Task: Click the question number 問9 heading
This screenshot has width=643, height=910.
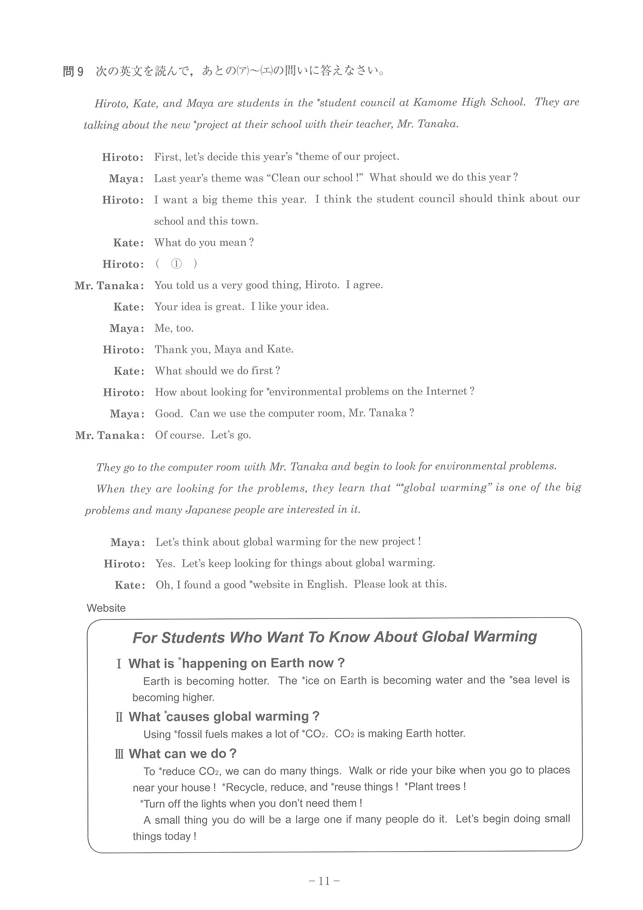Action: point(73,72)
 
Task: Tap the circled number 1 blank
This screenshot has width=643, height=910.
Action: point(176,264)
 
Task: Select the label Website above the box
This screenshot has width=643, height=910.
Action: point(106,608)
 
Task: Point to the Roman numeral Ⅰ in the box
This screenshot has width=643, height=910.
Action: point(119,663)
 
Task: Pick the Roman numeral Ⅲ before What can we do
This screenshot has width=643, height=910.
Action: point(119,754)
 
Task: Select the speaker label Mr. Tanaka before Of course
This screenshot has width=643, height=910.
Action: point(110,436)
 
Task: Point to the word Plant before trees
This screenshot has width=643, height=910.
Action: point(421,787)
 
